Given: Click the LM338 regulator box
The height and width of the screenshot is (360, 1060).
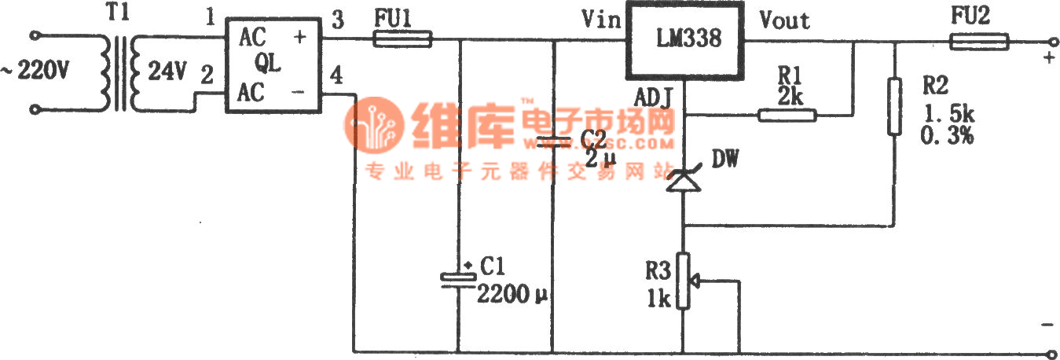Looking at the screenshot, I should click(x=685, y=39).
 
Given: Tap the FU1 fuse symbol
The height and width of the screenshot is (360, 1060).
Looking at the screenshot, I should click(x=402, y=39).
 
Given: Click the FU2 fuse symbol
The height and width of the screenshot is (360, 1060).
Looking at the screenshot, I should click(x=980, y=41).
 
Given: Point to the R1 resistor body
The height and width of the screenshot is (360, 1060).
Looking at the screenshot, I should click(x=787, y=116).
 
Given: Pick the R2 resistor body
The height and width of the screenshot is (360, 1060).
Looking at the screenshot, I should click(x=894, y=106).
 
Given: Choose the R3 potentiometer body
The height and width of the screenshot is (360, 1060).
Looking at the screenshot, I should click(x=684, y=280).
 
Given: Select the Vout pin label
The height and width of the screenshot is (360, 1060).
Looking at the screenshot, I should click(x=784, y=19).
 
